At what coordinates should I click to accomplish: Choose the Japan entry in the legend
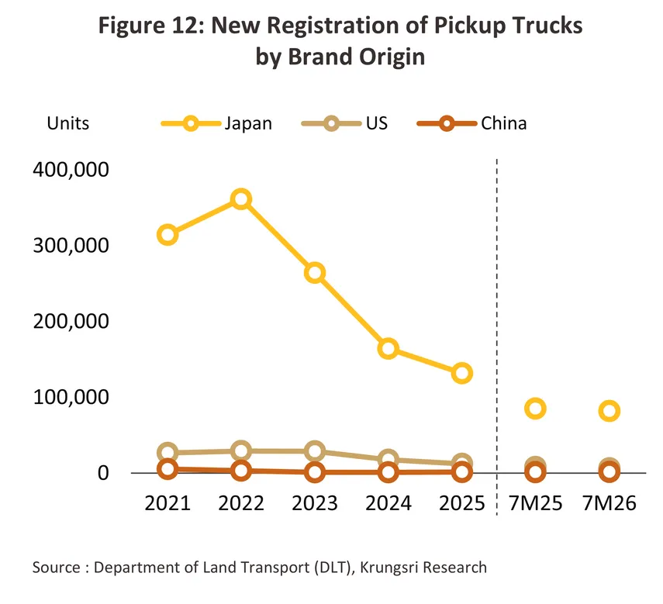[x=216, y=123]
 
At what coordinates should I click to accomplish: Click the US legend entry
[x=344, y=123]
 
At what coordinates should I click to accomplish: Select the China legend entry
[x=471, y=123]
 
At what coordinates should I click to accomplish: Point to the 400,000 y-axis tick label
[x=71, y=170]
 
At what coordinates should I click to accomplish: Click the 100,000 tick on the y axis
[x=71, y=397]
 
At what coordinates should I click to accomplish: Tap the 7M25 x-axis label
[x=535, y=503]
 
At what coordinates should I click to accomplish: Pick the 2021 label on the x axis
[x=167, y=503]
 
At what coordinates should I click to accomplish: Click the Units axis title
[x=68, y=123]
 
